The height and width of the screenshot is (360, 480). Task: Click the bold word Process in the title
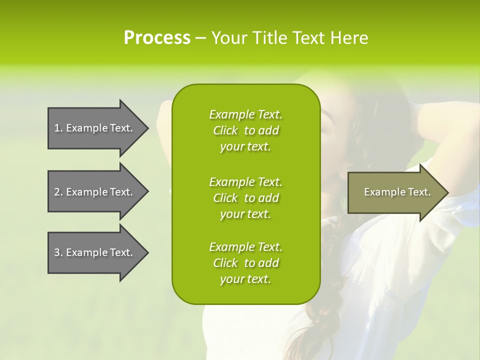pyautogui.click(x=157, y=38)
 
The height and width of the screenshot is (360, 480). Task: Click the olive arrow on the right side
pyautogui.click(x=395, y=192)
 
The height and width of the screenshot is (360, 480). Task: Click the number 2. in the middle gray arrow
pyautogui.click(x=58, y=192)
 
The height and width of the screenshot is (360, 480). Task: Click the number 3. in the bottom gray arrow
pyautogui.click(x=58, y=252)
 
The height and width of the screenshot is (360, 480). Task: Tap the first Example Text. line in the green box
pyautogui.click(x=245, y=114)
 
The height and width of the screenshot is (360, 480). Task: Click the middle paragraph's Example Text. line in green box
pyautogui.click(x=245, y=182)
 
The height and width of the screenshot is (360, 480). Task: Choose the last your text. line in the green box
pyautogui.click(x=245, y=279)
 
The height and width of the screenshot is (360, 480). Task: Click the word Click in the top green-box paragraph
pyautogui.click(x=225, y=130)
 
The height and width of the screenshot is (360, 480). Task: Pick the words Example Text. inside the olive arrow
pyautogui.click(x=397, y=192)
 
